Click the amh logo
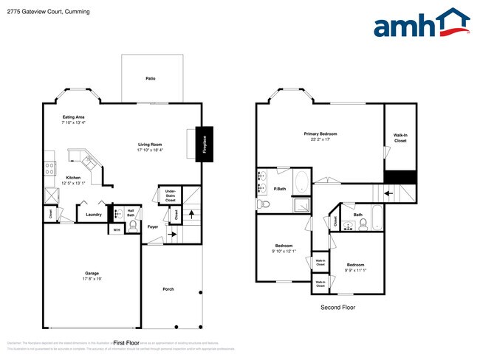[421, 24]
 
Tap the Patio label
[150, 78]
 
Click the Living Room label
[150, 144]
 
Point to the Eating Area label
[73, 117]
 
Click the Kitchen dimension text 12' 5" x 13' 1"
[73, 184]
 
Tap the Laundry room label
[93, 215]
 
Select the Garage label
[92, 273]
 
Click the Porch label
[168, 289]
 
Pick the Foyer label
[153, 226]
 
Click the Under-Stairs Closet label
[170, 195]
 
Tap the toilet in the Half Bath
[134, 226]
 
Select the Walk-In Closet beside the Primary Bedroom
[400, 137]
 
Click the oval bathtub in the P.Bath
[301, 181]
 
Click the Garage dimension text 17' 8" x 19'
[92, 279]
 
